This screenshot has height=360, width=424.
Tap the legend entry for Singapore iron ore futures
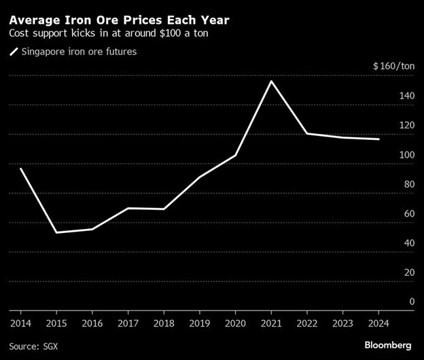pos(71,52)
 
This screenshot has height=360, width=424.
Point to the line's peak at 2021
pos(272,82)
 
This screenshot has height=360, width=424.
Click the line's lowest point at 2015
pos(56,232)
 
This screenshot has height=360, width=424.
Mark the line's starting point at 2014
pos(20,168)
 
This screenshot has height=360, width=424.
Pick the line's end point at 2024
pos(379,139)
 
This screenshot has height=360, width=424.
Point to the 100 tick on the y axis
pos(406,154)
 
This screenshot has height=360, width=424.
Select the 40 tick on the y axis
pos(408,242)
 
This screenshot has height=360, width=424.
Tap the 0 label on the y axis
pos(411,301)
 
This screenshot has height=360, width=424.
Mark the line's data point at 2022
pos(307,133)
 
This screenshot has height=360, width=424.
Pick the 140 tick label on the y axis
pos(406,96)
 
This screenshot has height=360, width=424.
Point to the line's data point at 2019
pos(200,177)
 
